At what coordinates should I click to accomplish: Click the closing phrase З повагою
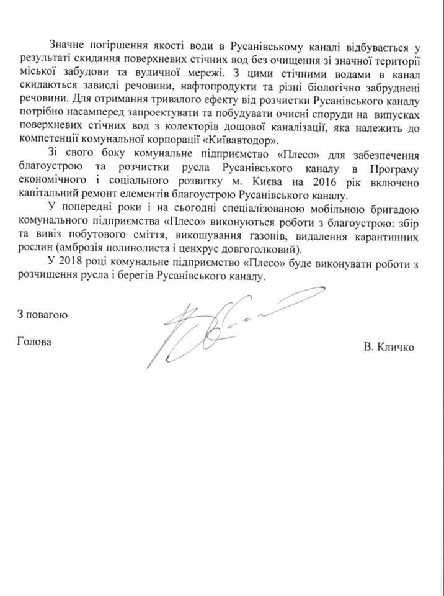[x=42, y=314]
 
